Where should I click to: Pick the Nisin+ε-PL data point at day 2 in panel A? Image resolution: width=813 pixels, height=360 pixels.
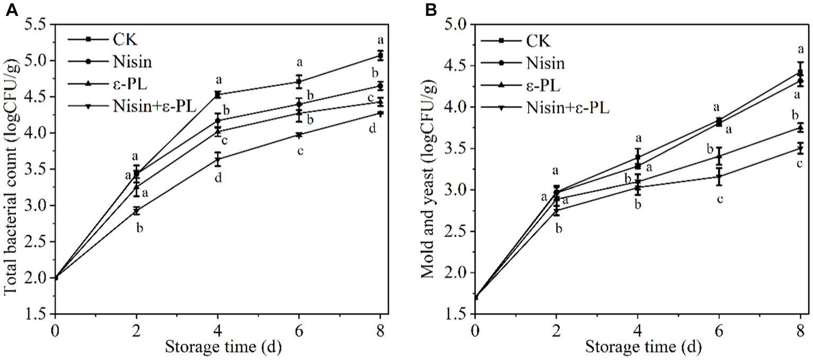pyautogui.click(x=137, y=211)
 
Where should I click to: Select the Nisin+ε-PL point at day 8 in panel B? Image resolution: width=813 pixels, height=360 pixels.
pyautogui.click(x=800, y=148)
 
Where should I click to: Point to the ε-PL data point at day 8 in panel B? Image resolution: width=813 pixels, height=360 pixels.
pyautogui.click(x=800, y=128)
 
